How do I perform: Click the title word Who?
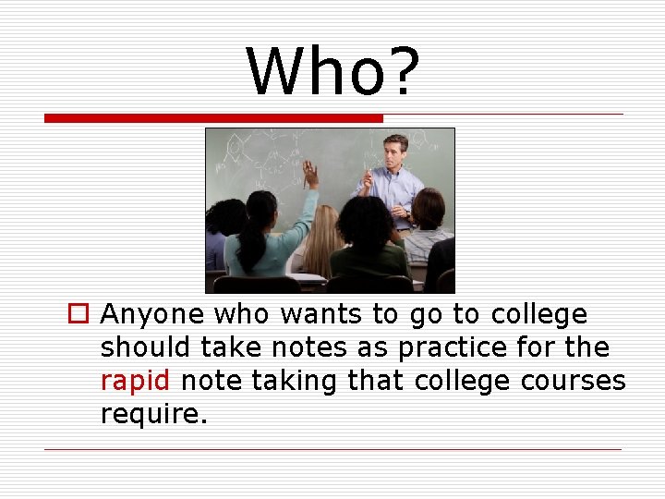(332, 72)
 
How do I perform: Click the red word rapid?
(135, 381)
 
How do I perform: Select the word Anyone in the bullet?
(151, 315)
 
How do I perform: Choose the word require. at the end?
(154, 414)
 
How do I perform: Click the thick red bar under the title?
(213, 118)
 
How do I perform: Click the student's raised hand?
(310, 174)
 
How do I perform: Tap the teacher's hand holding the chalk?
(368, 178)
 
